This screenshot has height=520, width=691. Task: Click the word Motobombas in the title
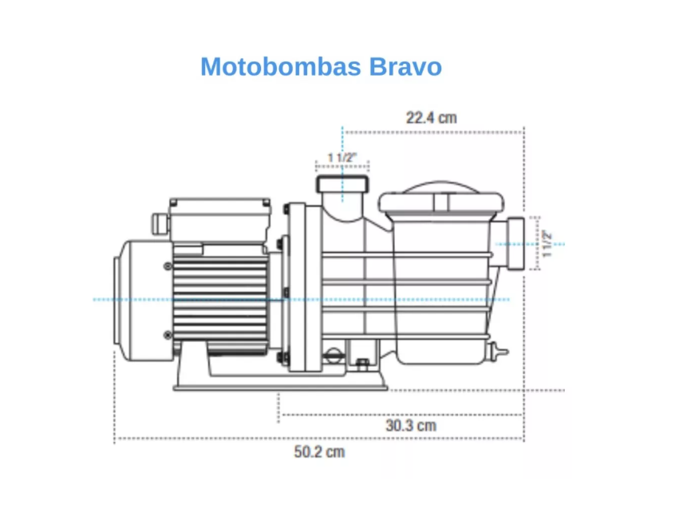tap(280, 67)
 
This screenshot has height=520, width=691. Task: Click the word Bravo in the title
tap(405, 67)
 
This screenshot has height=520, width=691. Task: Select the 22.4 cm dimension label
tap(431, 117)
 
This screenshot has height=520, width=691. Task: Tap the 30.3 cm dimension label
tap(411, 425)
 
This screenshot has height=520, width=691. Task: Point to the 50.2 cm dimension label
tap(319, 451)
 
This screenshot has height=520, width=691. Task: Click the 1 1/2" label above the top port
tap(342, 157)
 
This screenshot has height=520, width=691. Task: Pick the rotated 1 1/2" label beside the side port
tap(547, 243)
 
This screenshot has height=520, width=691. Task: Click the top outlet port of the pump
tap(342, 184)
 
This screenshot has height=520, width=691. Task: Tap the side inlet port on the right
tap(515, 243)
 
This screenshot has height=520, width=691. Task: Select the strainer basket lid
tap(441, 202)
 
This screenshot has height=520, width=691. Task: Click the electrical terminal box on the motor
tap(220, 219)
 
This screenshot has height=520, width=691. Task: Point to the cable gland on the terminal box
tap(160, 223)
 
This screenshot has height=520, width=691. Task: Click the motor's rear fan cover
tap(143, 301)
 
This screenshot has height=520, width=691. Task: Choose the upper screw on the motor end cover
tap(168, 266)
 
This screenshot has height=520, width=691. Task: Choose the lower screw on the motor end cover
tap(168, 335)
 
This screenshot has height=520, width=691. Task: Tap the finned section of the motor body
tap(220, 299)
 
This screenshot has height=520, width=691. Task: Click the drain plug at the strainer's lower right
tap(499, 352)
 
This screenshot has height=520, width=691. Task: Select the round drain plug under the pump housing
tap(334, 356)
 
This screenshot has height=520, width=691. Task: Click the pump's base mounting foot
tap(280, 381)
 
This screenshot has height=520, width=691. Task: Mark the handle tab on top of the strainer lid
tap(441, 203)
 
